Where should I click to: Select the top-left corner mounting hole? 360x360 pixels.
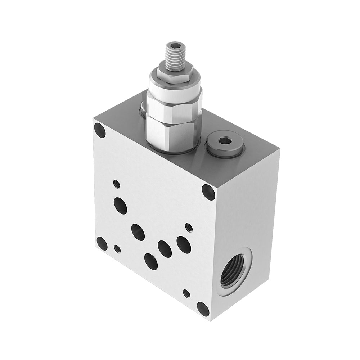(99, 130)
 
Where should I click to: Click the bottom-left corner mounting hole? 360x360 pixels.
(102, 244)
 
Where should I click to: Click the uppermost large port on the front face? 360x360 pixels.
(120, 206)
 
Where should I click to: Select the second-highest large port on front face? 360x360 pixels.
(138, 232)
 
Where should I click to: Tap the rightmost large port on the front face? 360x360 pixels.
(184, 244)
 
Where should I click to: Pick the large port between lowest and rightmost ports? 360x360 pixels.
(165, 249)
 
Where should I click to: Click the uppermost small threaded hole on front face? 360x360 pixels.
(117, 184)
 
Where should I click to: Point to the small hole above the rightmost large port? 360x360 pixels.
(188, 227)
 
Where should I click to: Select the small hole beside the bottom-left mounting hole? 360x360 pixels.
(117, 248)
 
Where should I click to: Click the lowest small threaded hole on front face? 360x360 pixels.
(186, 293)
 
